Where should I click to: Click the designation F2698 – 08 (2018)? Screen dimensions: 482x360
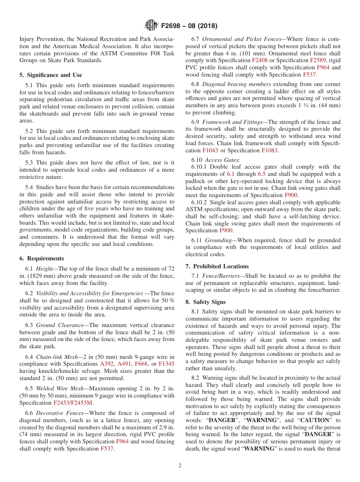(189, 26)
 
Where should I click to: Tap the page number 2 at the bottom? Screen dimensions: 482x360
(180, 465)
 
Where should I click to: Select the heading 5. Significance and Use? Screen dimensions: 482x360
(51, 75)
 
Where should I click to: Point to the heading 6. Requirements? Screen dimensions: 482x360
(42, 258)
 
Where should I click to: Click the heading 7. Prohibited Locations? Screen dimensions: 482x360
(217, 266)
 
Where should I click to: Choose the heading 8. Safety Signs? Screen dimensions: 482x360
(205, 302)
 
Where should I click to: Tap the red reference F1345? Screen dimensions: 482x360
(166, 364)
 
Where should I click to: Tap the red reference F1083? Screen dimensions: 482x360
(269, 150)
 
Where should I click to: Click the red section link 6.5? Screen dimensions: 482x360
(261, 174)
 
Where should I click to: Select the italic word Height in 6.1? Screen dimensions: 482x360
(44, 268)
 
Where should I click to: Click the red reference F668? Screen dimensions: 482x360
(141, 364)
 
